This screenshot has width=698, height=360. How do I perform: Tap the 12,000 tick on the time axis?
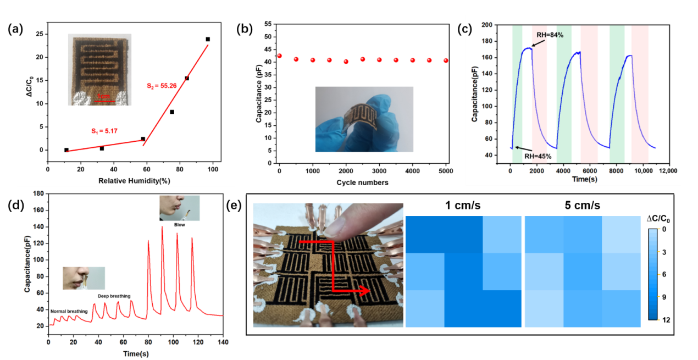tap(668, 171)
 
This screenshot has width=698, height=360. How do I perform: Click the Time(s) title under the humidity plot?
tap(584, 179)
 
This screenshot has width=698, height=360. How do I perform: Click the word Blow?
tap(180, 224)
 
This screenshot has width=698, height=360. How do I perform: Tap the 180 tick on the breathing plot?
tap(38, 193)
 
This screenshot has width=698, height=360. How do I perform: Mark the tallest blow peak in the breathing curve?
tap(162, 227)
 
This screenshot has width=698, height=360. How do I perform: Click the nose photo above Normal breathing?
tap(83, 278)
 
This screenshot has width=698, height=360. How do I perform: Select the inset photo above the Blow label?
tap(179, 208)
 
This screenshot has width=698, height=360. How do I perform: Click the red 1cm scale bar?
tap(105, 101)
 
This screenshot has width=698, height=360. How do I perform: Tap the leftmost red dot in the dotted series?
tap(279, 56)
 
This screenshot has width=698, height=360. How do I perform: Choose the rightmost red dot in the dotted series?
tap(446, 60)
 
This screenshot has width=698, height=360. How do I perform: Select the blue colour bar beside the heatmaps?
tap(652, 274)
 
